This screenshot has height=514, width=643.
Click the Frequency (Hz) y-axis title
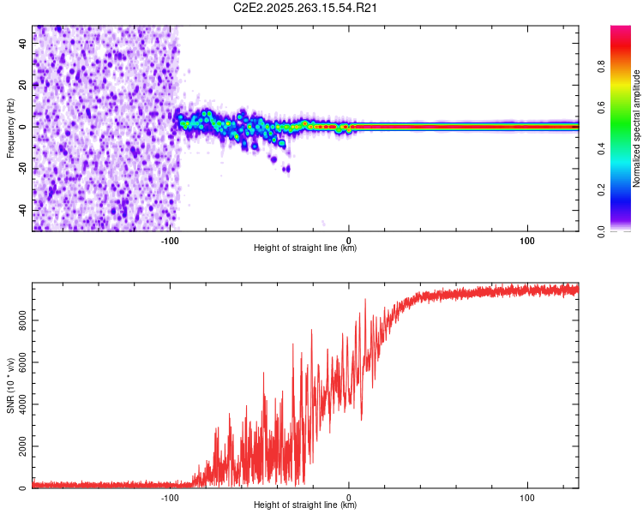pyautogui.click(x=10, y=128)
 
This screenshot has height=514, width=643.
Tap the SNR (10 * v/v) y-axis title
pyautogui.click(x=10, y=385)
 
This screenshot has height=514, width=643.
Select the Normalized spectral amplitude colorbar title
pyautogui.click(x=637, y=128)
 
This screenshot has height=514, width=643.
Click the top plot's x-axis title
pyautogui.click(x=305, y=248)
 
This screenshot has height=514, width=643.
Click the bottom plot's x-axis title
pyautogui.click(x=305, y=505)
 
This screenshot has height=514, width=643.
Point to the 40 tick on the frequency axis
pyautogui.click(x=24, y=43)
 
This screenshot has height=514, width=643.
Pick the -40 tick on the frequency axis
pyautogui.click(x=22, y=210)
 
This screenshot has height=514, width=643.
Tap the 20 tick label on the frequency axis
pyautogui.click(x=24, y=85)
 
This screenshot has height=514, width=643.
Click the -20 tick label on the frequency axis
pyautogui.click(x=22, y=169)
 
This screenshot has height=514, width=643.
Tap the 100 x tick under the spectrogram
pyautogui.click(x=527, y=239)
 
